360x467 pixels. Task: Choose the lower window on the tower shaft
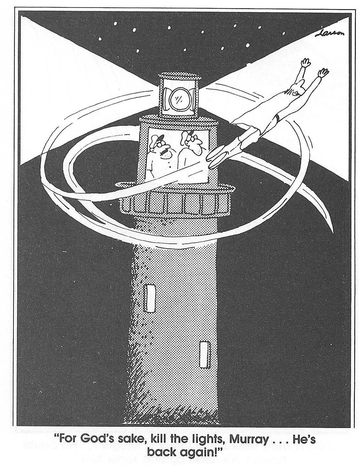pyautogui.click(x=204, y=354)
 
